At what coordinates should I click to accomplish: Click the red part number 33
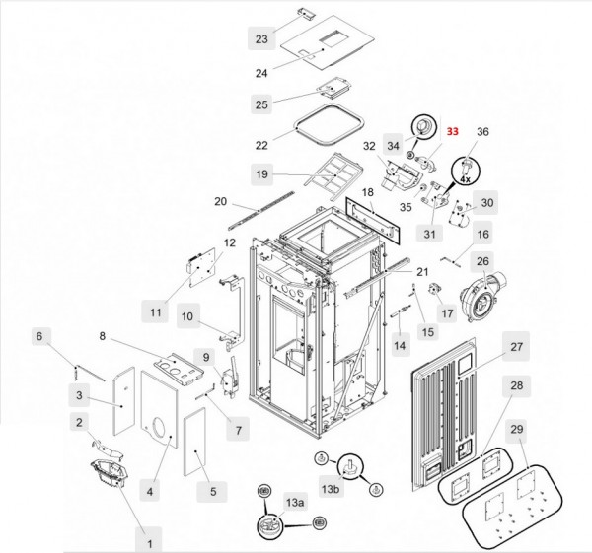[x=453, y=131]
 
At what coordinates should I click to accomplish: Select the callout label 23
[x=260, y=39]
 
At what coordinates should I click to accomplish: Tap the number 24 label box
[x=260, y=73]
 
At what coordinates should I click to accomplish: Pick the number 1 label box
[x=150, y=541]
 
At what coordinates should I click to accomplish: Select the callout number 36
[x=482, y=131]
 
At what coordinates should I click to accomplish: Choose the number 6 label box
[x=39, y=336]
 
